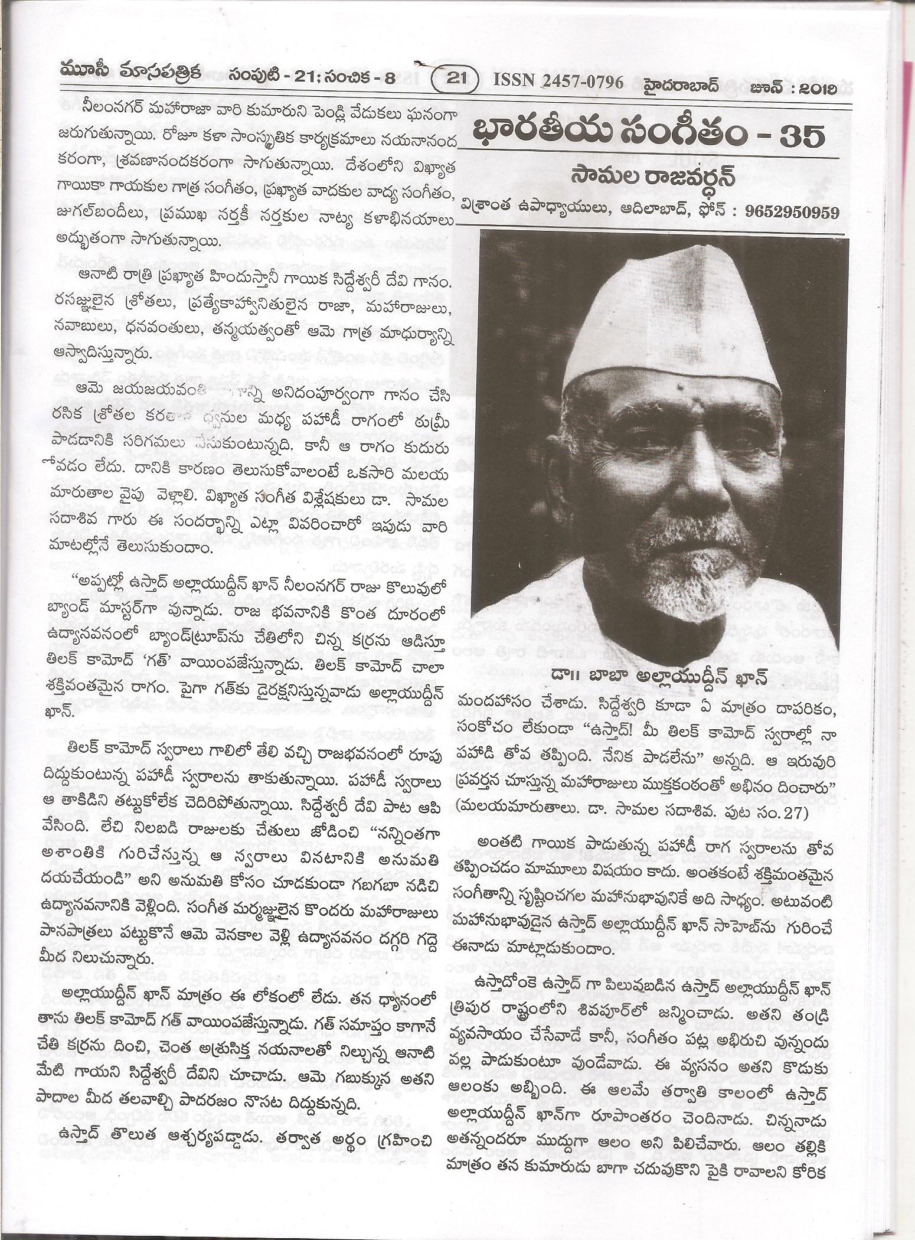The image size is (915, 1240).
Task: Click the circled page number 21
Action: (453, 81)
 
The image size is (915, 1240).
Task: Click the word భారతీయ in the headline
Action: (534, 138)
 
